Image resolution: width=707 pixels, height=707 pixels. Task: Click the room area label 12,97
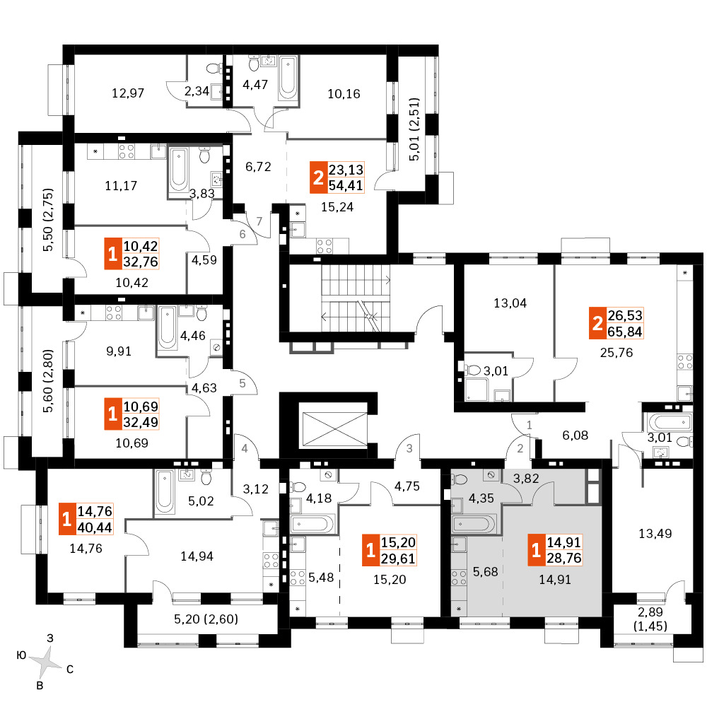129,93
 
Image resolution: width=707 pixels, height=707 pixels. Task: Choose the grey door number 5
242,384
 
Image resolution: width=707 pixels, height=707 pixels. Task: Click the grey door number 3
409,448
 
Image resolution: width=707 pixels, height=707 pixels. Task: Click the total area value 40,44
98,527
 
